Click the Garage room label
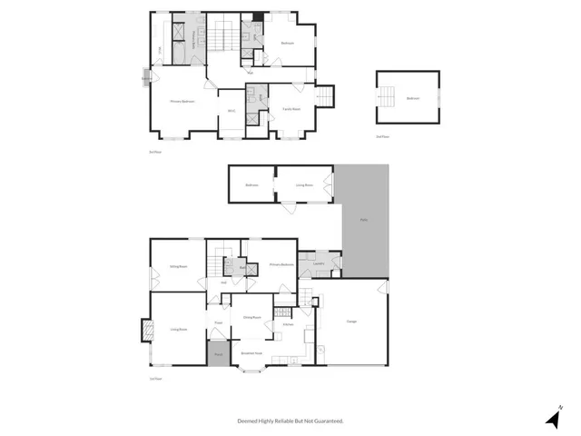(x=350, y=321)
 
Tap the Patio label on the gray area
(x=364, y=220)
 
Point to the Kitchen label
(x=287, y=324)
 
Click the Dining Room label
(x=251, y=317)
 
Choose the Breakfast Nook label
(x=251, y=352)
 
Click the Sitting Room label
(x=178, y=266)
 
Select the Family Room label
(x=291, y=110)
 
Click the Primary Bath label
(x=193, y=41)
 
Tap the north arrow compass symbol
(x=554, y=417)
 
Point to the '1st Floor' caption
(x=155, y=379)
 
